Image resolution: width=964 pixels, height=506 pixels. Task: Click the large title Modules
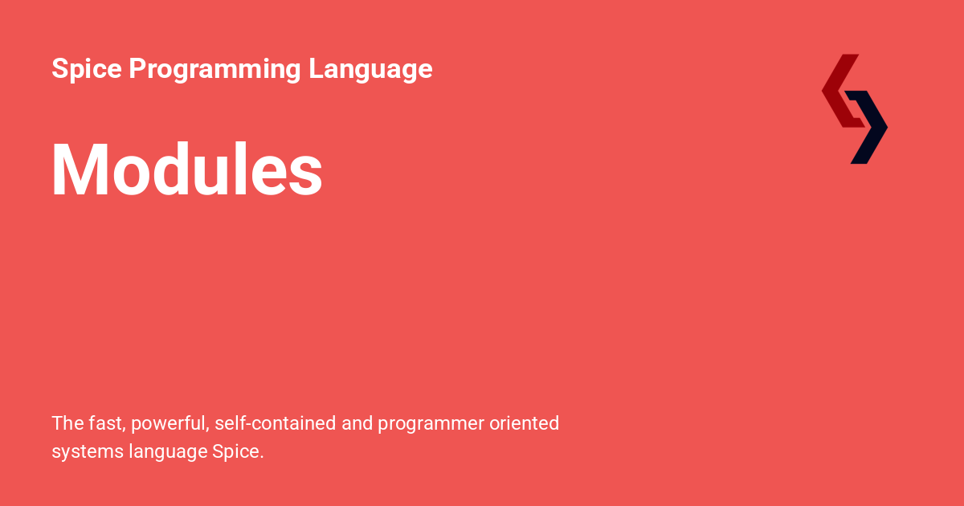pos(186,169)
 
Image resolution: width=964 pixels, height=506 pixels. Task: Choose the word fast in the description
pos(105,423)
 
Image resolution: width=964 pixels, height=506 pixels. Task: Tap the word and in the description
pos(357,423)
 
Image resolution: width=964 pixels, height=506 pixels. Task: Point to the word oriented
pos(525,423)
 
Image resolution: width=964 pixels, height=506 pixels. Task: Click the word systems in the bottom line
pos(87,452)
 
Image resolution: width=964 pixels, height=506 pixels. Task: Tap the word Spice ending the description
pos(237,452)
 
